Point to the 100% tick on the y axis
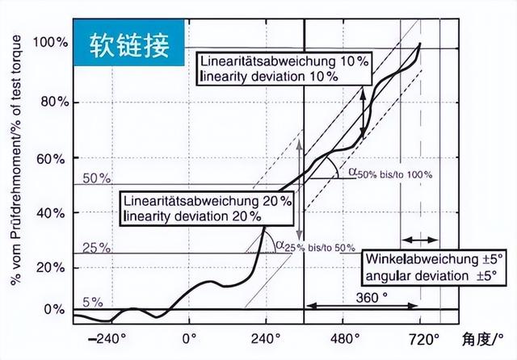coord(48,41)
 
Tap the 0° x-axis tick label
coord(189,338)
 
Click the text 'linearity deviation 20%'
coord(192,216)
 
